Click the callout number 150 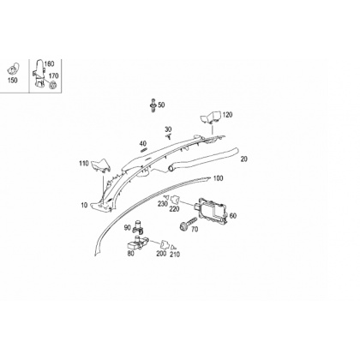click(x=12, y=81)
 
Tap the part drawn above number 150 click(x=13, y=68)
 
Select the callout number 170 click(x=53, y=75)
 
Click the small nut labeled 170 click(x=52, y=85)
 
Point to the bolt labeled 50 click(x=153, y=105)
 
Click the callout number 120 click(x=227, y=115)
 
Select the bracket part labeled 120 click(x=210, y=117)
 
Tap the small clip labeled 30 click(x=170, y=136)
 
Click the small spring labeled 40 click(x=144, y=150)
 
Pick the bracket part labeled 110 click(x=100, y=166)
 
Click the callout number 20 click(x=243, y=159)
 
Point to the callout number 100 click(x=218, y=178)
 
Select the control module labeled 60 click(x=211, y=210)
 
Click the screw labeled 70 click(x=188, y=223)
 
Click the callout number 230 click(x=163, y=203)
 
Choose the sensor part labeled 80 click(x=138, y=243)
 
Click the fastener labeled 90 click(x=138, y=225)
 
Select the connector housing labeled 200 click(x=164, y=245)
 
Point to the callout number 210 click(x=175, y=255)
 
